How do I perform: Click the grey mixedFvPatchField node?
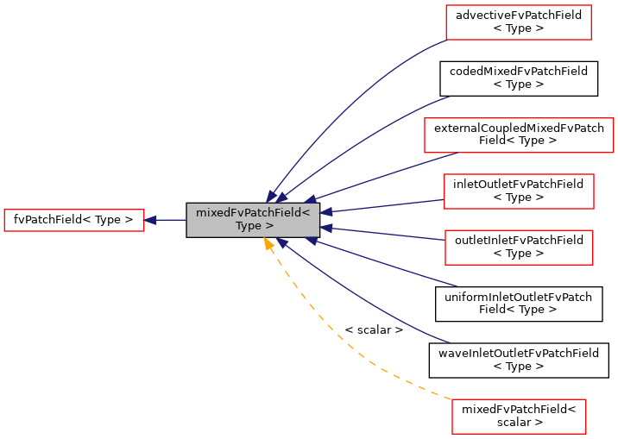(253, 220)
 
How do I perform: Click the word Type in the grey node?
(247, 226)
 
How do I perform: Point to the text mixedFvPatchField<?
(252, 213)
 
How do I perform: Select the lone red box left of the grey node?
(74, 220)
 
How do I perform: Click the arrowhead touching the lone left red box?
(150, 220)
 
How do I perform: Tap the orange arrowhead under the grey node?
(269, 244)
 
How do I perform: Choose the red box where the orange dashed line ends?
(519, 417)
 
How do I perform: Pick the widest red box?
(519, 135)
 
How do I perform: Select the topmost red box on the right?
(518, 22)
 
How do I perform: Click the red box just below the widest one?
(519, 191)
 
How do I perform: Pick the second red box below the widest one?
(519, 248)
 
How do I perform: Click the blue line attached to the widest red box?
(388, 174)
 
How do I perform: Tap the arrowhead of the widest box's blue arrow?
(311, 199)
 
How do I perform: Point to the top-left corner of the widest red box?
(426, 119)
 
